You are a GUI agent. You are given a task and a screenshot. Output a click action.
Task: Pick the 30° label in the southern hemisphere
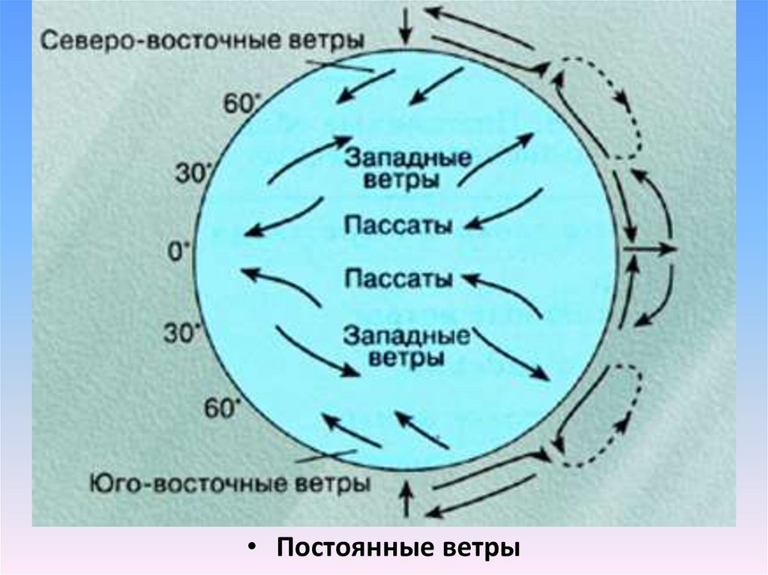click(x=181, y=334)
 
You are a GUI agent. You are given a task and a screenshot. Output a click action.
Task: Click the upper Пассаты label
click(x=397, y=225)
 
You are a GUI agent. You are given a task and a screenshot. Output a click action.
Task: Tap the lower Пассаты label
click(x=397, y=279)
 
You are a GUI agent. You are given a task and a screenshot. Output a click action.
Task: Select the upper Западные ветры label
click(x=408, y=169)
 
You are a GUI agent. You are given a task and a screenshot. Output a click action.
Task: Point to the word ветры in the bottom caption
click(x=481, y=547)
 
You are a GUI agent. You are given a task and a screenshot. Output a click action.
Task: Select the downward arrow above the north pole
click(x=406, y=24)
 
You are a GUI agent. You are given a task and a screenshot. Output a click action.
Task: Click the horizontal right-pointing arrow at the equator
click(x=650, y=247)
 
